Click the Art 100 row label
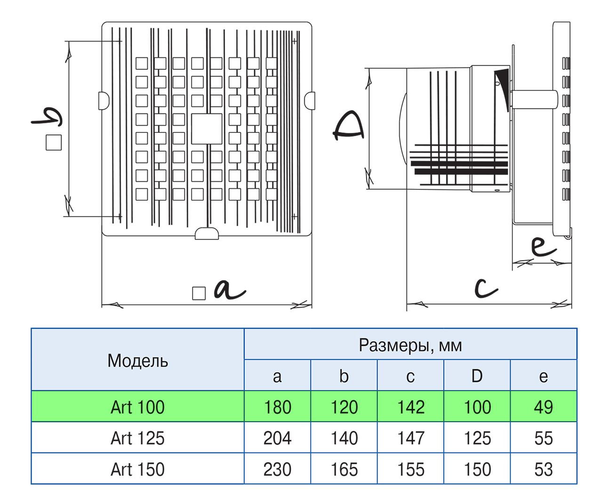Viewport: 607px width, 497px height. point(137,407)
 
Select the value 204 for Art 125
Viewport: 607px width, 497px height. point(277,438)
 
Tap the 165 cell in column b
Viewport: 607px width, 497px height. point(344,469)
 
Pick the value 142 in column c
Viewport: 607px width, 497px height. point(411,407)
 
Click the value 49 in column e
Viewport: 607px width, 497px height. point(543,407)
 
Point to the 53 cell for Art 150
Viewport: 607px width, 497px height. point(543,469)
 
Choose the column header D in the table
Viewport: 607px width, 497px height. point(477,376)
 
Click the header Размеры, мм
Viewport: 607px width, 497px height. point(410,345)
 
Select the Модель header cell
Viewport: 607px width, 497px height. point(137,360)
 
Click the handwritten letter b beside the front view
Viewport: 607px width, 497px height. point(47,117)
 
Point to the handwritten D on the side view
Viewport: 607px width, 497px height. point(348,126)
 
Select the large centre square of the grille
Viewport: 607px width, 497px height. point(207,129)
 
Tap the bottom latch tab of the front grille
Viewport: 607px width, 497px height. point(207,233)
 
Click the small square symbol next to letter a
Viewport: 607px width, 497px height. point(199,293)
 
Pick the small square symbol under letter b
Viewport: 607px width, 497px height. point(54,142)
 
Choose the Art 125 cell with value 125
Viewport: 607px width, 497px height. point(477,438)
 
